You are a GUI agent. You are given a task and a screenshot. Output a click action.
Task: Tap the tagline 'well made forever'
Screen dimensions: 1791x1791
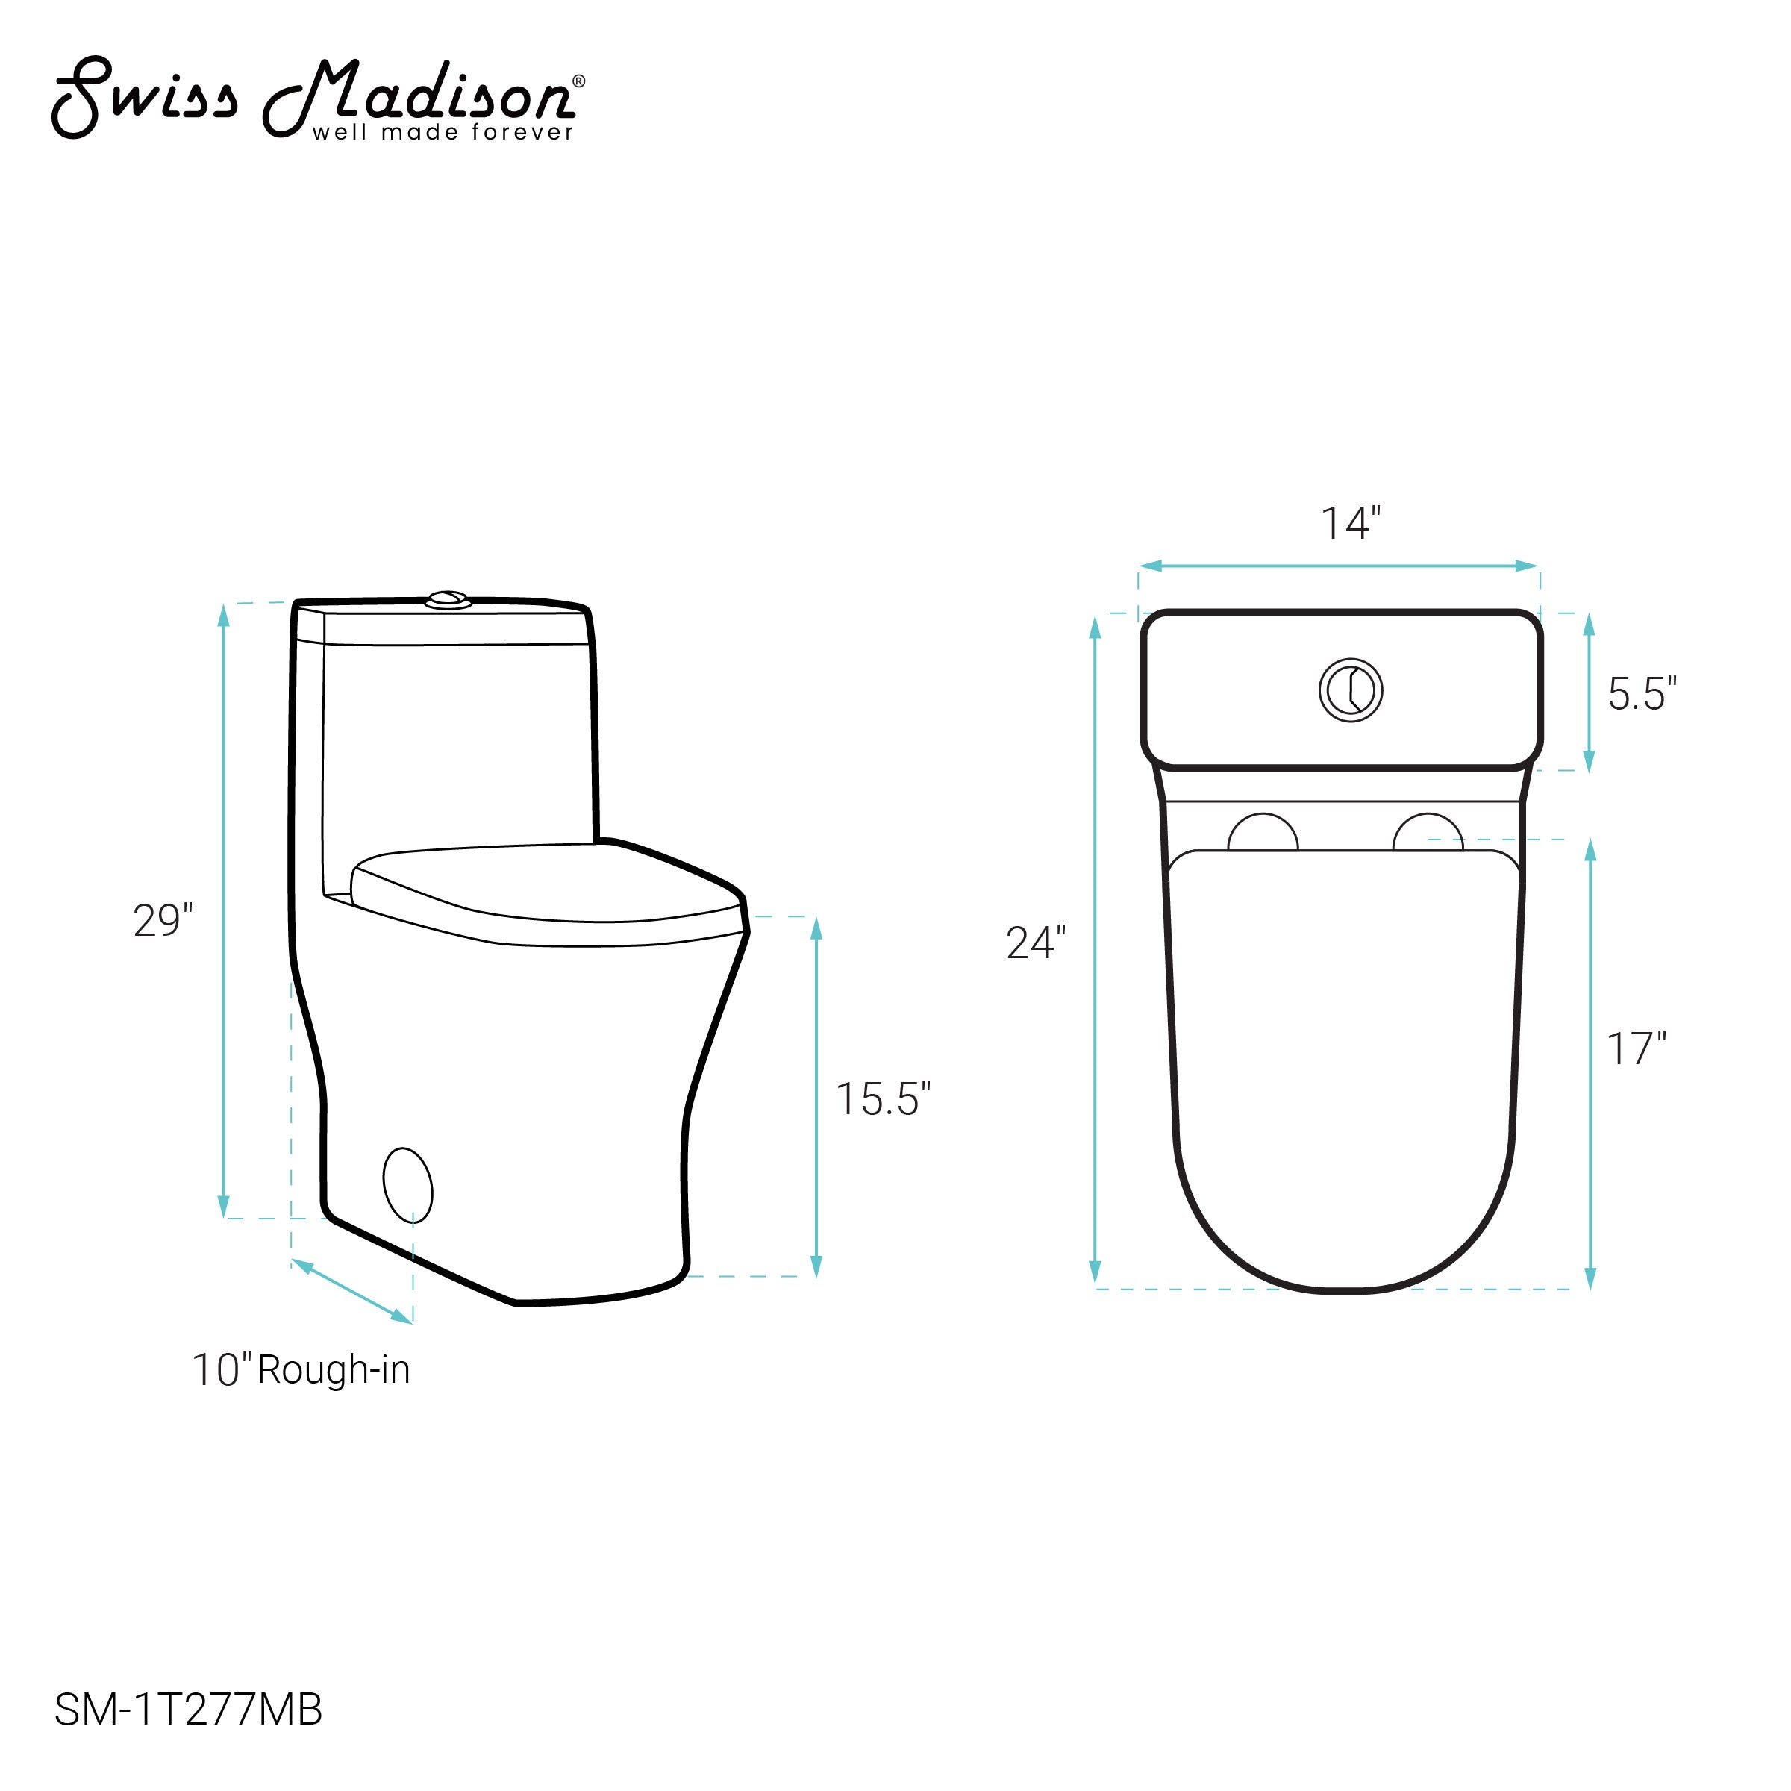click(x=443, y=133)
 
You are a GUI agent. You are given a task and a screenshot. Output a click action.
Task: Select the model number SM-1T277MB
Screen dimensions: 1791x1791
click(x=188, y=1710)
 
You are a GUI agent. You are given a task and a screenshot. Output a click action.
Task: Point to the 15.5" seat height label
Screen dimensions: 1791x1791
click(x=884, y=1098)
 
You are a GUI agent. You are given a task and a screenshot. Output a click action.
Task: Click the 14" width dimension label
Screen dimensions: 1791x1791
click(x=1351, y=524)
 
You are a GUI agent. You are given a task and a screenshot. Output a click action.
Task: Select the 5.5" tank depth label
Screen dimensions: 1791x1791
click(x=1642, y=693)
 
